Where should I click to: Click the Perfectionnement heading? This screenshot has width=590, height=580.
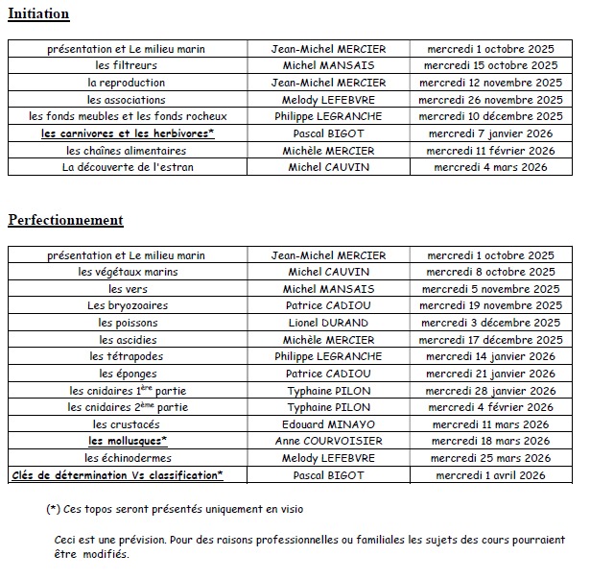65,220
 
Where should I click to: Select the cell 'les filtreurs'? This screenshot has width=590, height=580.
127,65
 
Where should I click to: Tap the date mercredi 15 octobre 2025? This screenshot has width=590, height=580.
490,65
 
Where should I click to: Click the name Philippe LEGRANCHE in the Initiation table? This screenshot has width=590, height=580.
328,116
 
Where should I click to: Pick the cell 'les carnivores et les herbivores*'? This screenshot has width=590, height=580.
128,133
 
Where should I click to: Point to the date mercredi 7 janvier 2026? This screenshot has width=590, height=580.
490,133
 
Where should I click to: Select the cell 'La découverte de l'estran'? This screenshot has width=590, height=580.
127,167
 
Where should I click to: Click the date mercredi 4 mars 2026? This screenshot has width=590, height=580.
490,167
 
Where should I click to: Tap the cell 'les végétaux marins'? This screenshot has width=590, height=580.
127,272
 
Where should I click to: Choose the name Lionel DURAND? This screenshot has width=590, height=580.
328,323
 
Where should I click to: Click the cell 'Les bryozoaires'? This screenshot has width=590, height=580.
127,305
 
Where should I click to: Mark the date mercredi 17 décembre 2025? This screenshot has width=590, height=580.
490,339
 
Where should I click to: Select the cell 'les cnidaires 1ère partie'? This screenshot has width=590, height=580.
127,390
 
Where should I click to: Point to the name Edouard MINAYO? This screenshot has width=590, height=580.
328,423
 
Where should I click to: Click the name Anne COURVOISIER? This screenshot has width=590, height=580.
328,441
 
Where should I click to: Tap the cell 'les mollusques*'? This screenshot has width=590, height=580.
128,441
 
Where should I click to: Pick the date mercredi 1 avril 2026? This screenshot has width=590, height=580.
490,474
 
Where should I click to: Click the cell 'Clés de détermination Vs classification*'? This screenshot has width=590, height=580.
117,474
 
